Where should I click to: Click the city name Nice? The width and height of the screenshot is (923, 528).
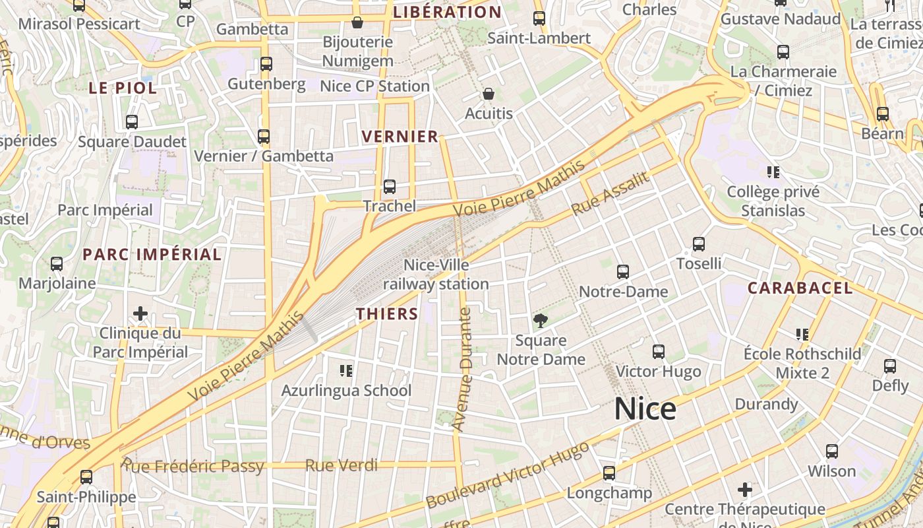(x=645, y=409)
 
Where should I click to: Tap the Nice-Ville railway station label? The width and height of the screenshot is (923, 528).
(x=436, y=275)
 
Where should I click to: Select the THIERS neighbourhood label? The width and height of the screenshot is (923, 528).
(x=388, y=314)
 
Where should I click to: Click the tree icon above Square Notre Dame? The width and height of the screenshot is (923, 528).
(x=541, y=321)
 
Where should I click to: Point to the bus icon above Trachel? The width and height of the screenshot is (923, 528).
(x=390, y=187)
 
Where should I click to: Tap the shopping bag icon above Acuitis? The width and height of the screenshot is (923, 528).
(x=489, y=94)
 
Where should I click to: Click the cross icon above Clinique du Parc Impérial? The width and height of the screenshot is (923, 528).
(x=140, y=313)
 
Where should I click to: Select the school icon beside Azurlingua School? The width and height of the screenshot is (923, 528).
(x=346, y=371)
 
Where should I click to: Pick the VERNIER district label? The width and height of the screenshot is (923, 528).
(x=400, y=137)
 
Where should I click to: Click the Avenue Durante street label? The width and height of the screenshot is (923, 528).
(x=464, y=370)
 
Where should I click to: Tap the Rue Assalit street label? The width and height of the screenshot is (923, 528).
(x=610, y=194)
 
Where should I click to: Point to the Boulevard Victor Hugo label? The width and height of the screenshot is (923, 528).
(x=508, y=475)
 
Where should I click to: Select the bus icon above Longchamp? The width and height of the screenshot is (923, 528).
(x=609, y=473)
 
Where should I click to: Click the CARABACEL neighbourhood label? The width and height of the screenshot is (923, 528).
(x=800, y=288)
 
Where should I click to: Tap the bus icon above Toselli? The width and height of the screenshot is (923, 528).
(x=699, y=244)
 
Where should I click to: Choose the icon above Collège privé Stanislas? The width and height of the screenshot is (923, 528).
(x=773, y=173)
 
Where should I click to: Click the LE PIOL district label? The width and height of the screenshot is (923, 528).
(x=123, y=88)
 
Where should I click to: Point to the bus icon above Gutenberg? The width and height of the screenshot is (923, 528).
(x=266, y=64)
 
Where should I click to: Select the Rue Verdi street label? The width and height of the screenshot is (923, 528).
(x=342, y=465)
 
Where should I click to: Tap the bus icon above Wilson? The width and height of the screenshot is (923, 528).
(x=832, y=451)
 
